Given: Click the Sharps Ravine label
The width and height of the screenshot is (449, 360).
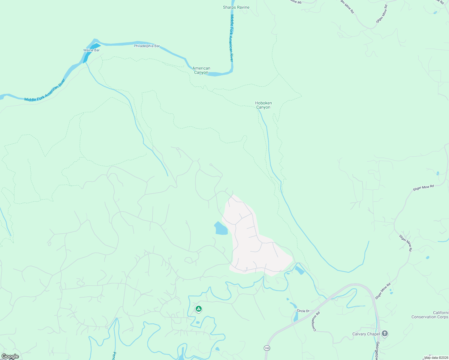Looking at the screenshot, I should click(x=236, y=7).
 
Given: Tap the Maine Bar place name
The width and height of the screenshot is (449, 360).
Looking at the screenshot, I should click(x=92, y=50).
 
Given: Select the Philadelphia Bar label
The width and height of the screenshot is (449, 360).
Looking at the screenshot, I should click(x=147, y=46).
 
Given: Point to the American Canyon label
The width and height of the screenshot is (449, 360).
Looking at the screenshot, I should click(x=201, y=70).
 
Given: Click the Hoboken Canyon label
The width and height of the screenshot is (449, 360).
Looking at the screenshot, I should click(x=263, y=105).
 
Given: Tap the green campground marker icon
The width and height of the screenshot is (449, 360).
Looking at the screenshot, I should click(x=198, y=309).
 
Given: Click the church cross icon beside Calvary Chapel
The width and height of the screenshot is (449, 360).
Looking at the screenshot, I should click(x=385, y=334).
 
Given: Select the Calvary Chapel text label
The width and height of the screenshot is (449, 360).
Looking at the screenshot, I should click(x=366, y=334).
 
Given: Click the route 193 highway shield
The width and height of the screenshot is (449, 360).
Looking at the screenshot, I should click(x=267, y=348).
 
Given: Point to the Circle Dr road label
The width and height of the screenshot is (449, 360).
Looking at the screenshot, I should click(x=303, y=311).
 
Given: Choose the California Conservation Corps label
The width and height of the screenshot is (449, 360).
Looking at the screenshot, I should click(x=430, y=315).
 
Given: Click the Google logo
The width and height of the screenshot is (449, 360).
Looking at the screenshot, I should click(x=10, y=356).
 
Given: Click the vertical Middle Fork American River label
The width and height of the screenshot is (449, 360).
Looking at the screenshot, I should click(x=231, y=38).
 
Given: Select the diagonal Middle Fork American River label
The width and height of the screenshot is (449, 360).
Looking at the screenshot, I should click(x=45, y=90).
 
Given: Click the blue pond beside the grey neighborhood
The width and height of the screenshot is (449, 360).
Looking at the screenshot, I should click(x=221, y=229).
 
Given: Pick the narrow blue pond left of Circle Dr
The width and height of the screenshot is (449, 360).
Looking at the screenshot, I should click(x=296, y=316).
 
